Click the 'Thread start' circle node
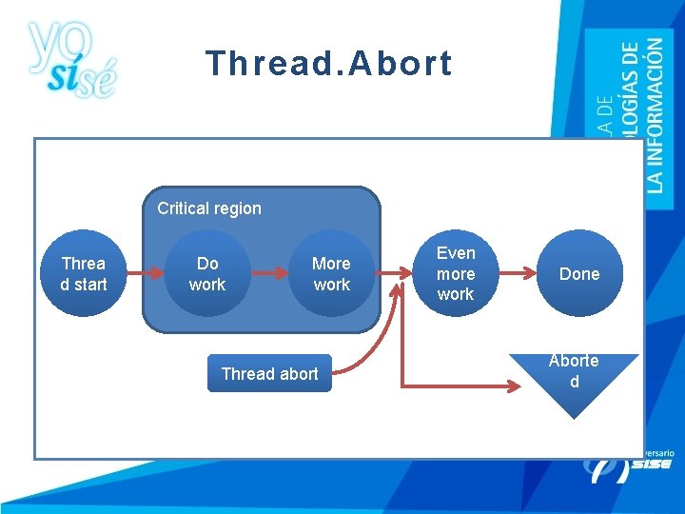84,274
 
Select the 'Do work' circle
207,274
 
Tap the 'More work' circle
331,274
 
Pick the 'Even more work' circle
456,274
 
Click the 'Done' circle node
579,274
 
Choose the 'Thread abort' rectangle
269,374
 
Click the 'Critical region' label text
209,208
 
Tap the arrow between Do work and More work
269,274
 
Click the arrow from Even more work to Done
517,274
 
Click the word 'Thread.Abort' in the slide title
328,64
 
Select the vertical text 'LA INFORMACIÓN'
656,114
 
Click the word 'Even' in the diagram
456,253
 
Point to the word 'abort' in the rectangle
298,374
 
